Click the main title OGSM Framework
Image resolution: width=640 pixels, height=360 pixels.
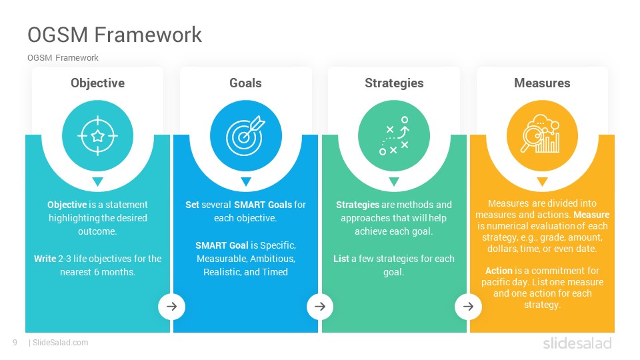click(115, 34)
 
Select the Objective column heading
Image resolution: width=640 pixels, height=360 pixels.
click(97, 83)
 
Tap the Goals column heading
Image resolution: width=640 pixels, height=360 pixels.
click(245, 83)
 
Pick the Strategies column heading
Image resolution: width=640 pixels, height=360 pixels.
click(394, 83)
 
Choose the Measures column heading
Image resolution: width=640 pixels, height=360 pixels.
click(542, 83)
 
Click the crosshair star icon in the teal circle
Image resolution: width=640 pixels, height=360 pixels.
click(97, 136)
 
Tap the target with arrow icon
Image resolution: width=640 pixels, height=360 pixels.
click(246, 135)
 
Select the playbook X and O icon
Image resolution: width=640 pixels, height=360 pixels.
click(394, 135)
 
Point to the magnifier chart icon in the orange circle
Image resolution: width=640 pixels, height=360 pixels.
click(541, 133)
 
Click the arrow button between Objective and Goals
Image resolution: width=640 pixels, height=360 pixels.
click(172, 306)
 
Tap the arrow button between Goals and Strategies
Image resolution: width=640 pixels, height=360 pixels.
click(320, 306)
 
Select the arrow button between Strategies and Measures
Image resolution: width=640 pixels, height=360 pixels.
click(468, 306)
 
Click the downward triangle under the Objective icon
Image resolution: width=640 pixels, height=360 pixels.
click(97, 181)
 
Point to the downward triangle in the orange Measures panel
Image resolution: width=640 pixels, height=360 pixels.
click(542, 181)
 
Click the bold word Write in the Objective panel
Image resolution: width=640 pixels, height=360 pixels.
click(45, 259)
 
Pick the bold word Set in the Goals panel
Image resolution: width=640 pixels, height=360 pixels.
click(192, 205)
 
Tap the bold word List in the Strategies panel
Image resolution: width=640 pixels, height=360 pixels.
click(341, 259)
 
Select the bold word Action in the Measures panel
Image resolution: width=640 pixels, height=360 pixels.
click(499, 271)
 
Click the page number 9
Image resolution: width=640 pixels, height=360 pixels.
click(15, 343)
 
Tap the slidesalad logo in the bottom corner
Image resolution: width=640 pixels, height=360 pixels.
click(577, 343)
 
